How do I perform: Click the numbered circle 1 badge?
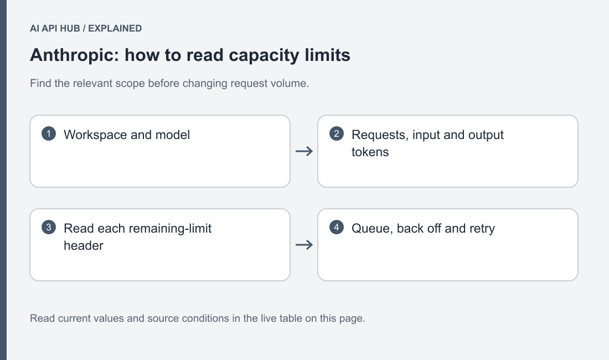(49, 133)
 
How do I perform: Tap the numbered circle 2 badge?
(337, 133)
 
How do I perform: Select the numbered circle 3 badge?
(49, 227)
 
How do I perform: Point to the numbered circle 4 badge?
(337, 227)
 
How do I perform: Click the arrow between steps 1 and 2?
(304, 151)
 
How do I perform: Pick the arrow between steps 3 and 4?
(304, 245)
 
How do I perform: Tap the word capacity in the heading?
(264, 56)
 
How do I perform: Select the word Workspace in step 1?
(95, 135)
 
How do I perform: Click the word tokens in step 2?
(370, 152)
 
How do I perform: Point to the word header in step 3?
(84, 245)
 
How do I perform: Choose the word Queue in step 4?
(373, 229)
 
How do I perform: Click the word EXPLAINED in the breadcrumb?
(115, 28)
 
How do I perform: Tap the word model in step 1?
(172, 135)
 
